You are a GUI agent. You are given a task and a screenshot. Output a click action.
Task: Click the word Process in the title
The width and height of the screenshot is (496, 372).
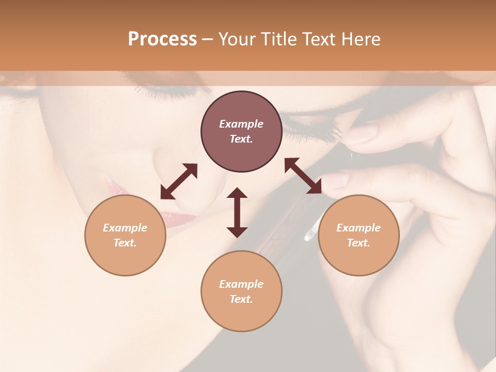[x=162, y=39]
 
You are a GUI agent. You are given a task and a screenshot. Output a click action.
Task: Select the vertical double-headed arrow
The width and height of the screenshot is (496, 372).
[x=237, y=212]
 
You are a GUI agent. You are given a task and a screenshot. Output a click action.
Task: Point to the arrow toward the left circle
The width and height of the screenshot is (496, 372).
[x=179, y=181]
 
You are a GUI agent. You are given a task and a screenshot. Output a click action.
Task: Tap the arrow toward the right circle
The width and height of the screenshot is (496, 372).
[x=303, y=176]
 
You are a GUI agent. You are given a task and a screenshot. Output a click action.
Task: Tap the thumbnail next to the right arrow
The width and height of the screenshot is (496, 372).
[x=337, y=180]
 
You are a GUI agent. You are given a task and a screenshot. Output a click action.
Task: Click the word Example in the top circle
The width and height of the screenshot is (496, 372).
[x=241, y=124]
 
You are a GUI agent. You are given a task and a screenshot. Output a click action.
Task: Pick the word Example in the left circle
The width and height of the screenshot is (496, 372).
[x=125, y=228]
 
